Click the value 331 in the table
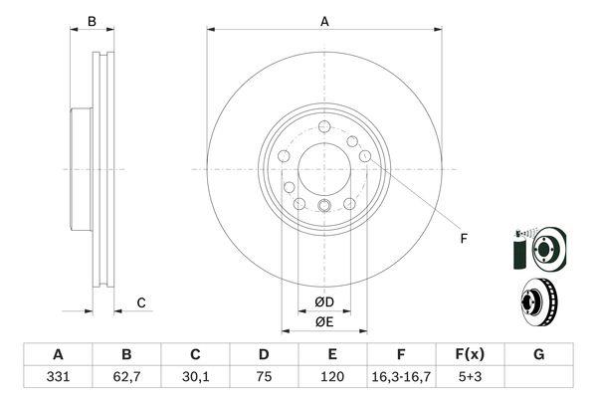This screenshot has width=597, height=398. point(58,377)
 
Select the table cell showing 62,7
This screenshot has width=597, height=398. point(126,377)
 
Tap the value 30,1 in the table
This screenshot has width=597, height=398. point(196,377)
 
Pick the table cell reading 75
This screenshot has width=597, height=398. point(264,377)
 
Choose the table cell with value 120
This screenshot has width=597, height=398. point(332,377)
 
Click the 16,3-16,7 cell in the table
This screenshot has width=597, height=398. point(401,377)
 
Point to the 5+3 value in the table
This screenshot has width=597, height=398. point(470,377)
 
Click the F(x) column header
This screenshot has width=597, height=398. point(470,354)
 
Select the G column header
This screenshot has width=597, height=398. point(538,354)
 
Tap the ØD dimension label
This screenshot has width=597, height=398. point(324,302)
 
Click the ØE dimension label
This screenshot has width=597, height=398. point(324,321)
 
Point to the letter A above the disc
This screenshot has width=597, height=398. point(324,22)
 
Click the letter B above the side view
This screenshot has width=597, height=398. point(92,22)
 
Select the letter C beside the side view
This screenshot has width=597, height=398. point(141,303)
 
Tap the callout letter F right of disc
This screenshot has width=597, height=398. point(464,239)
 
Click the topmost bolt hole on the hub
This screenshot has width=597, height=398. point(324,126)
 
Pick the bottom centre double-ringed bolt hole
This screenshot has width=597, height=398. point(324,206)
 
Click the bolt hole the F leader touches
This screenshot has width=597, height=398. point(365,156)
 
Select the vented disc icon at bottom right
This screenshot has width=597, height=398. point(538,302)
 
